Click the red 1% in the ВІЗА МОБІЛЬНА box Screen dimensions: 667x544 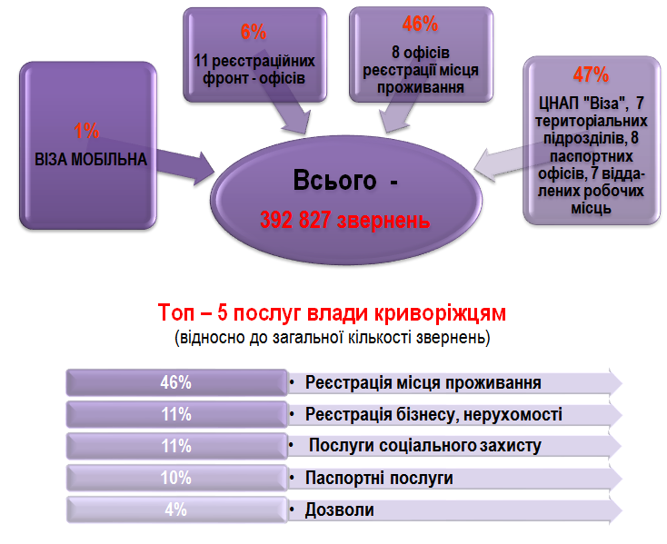(86, 131)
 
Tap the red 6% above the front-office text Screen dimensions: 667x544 (254, 33)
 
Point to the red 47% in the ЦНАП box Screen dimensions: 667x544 (591, 74)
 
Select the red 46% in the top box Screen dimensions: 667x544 (420, 24)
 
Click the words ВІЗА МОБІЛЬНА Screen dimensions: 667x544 (91, 159)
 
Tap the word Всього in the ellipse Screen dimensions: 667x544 (334, 180)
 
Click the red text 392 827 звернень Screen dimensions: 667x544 (345, 220)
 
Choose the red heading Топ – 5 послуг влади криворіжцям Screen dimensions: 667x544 (332, 312)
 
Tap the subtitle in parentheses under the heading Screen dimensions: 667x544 (333, 338)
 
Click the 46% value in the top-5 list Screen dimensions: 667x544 (175, 383)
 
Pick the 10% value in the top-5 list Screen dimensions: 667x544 (175, 478)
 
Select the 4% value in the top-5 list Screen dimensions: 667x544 (175, 509)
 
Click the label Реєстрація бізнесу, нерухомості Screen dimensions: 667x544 (433, 414)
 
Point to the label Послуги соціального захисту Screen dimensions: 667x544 (425, 446)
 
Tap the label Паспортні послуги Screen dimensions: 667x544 (379, 478)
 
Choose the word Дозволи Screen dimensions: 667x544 (340, 510)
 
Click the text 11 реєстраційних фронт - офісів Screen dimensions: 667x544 (254, 70)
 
